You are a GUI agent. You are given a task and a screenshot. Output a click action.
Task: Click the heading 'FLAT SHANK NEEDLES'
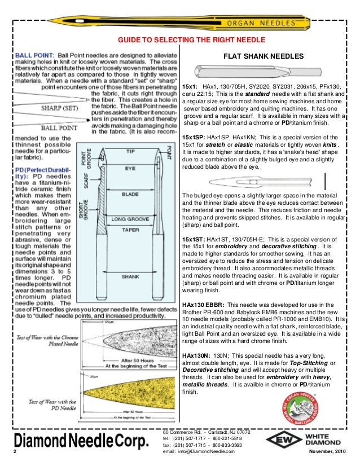click(264, 57)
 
